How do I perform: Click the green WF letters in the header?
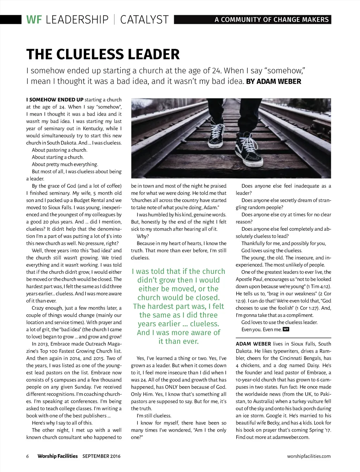coord(34,19)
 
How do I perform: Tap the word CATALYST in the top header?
coord(144,19)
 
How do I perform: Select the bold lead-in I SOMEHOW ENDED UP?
coord(54,100)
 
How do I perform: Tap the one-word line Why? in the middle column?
coord(142,236)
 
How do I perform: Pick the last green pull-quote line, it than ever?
coord(179,341)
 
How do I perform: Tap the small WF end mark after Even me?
coord(286,329)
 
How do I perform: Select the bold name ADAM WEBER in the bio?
coord(253,344)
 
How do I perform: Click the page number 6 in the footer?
coord(27,456)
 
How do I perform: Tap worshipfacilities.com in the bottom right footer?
coord(309,456)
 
